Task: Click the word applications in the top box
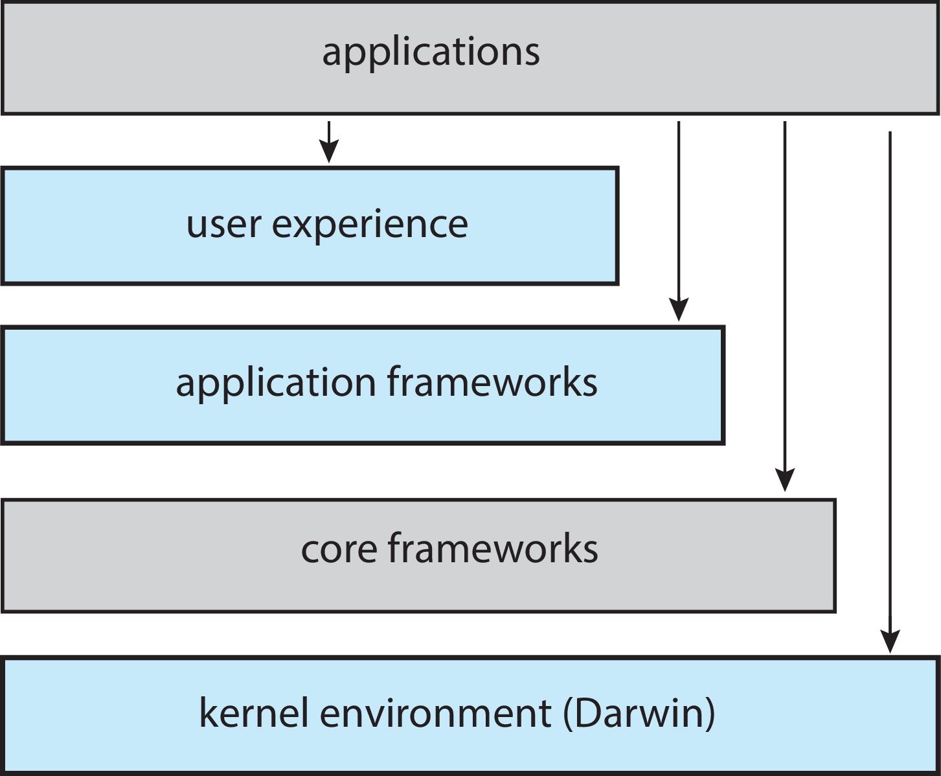[x=431, y=52]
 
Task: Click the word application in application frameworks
[x=275, y=383]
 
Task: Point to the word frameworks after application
[x=492, y=382]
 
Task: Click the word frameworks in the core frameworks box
[x=493, y=548]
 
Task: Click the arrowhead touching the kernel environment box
[x=890, y=641]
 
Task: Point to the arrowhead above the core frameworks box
[x=785, y=481]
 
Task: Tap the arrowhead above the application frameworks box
[x=679, y=310]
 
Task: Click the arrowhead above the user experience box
[x=329, y=152]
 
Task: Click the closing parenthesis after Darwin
[x=710, y=714]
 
